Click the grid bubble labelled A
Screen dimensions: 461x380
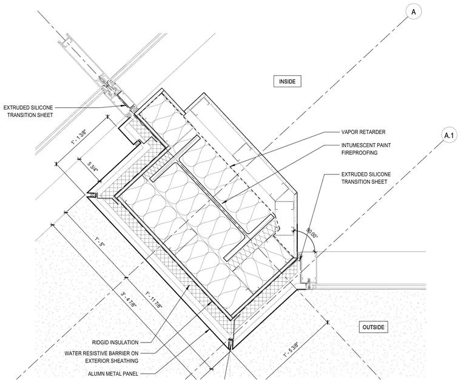coord(413,12)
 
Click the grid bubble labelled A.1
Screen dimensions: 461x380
coord(449,135)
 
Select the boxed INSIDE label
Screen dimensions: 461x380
coord(288,81)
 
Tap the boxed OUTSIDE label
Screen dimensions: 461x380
coord(374,327)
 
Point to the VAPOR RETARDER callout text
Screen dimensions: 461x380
coord(363,132)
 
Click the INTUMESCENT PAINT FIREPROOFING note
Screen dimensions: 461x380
coord(366,149)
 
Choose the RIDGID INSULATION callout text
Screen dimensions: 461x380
coord(115,342)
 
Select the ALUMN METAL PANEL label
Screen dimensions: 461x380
coord(113,374)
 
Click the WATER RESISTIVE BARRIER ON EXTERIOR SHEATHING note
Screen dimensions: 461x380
coord(101,357)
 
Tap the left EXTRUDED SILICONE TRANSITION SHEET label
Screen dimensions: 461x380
coord(29,112)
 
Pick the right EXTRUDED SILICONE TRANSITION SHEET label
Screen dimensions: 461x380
coord(366,178)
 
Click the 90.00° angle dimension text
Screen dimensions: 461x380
coord(312,233)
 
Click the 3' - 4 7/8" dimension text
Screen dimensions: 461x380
coord(129,299)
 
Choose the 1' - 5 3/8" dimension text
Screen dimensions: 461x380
coord(291,350)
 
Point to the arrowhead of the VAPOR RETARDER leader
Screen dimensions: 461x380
coord(231,166)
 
